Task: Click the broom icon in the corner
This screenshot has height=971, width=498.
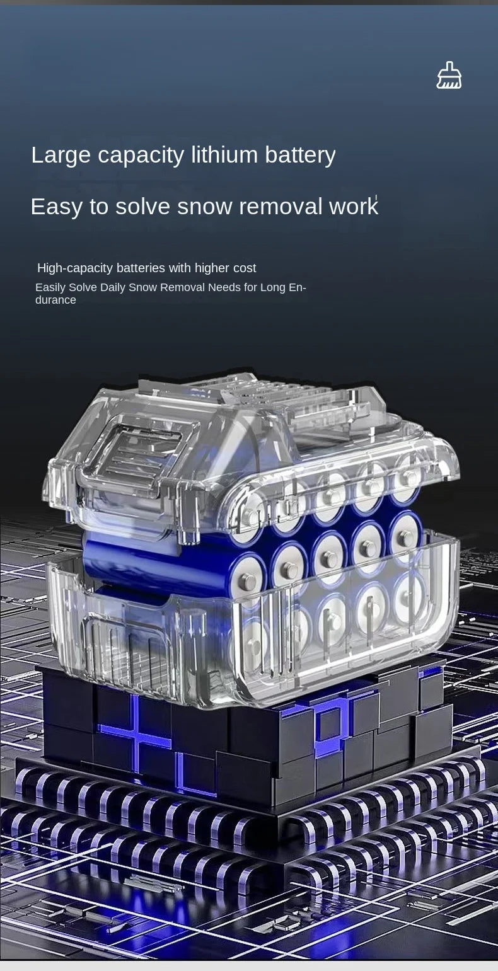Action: (x=449, y=75)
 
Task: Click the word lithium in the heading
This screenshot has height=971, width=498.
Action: (x=224, y=155)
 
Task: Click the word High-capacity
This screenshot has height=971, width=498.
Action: (x=75, y=268)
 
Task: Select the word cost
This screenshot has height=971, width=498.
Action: (x=244, y=268)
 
